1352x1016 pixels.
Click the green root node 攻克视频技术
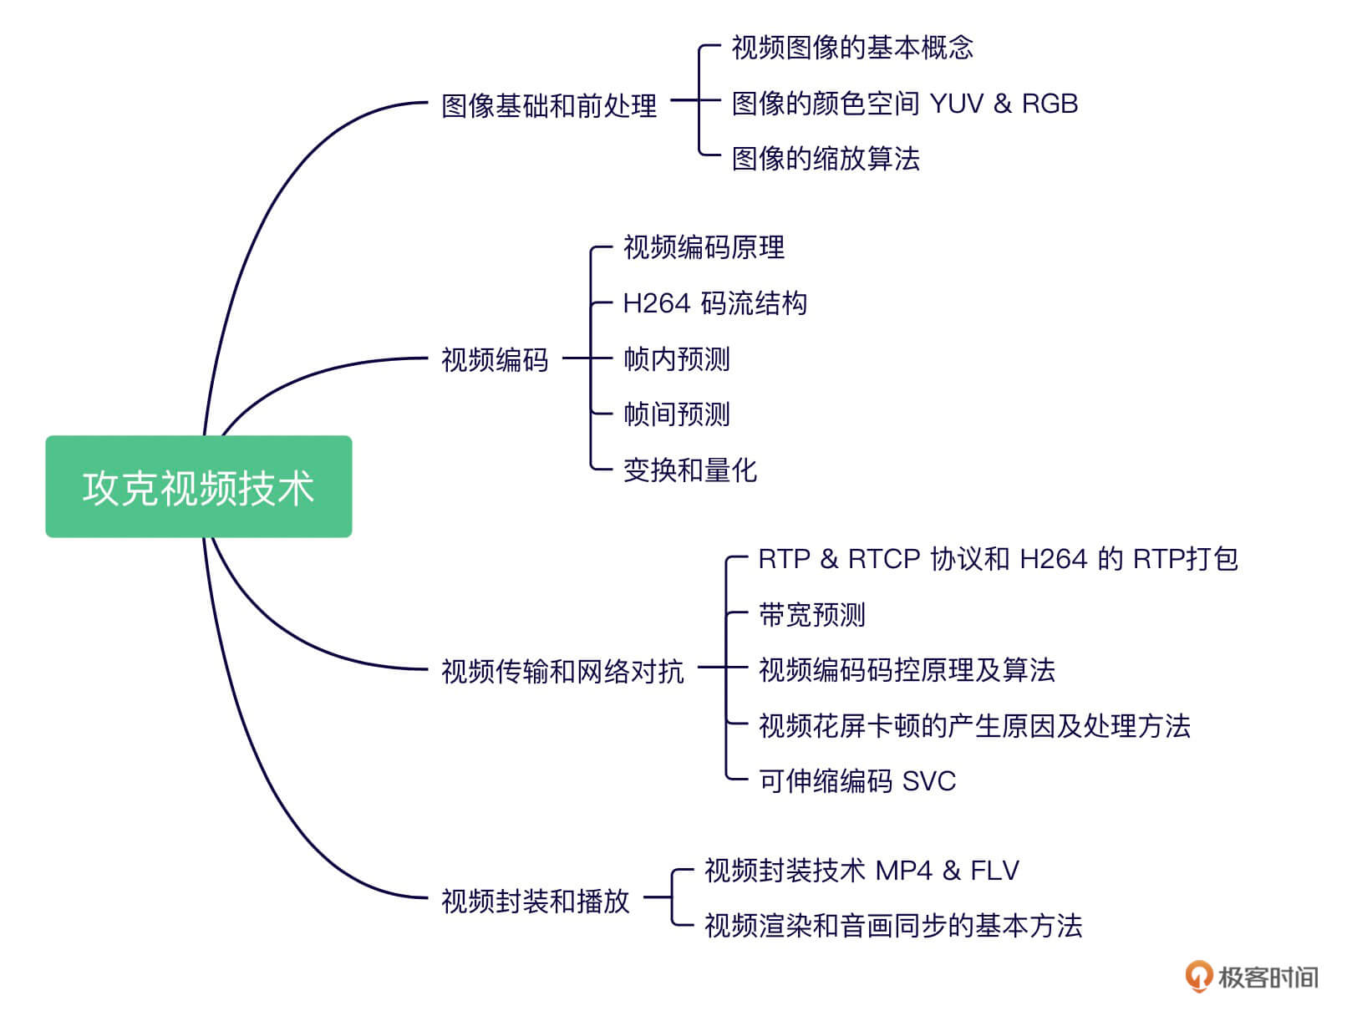point(199,486)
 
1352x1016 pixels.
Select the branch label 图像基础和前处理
point(549,106)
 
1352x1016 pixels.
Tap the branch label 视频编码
point(495,359)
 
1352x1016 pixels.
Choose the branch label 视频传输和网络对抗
point(562,671)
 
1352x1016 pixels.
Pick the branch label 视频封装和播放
point(535,901)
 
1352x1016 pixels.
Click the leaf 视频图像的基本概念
point(852,48)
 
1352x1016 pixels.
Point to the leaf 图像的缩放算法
point(826,159)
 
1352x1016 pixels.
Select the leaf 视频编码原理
point(704,247)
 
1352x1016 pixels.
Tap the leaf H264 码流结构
point(714,303)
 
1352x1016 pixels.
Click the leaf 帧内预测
point(677,359)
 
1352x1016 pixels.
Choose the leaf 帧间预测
point(677,414)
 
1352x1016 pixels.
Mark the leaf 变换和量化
point(690,470)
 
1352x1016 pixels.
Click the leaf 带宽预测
point(811,615)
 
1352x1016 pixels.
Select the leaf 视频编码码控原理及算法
point(907,670)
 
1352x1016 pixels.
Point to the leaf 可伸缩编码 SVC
point(856,781)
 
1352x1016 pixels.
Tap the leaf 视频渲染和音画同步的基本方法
point(893,926)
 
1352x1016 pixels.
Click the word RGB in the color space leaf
point(1050,104)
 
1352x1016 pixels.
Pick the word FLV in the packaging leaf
point(994,871)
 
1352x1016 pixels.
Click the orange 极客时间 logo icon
point(1198,976)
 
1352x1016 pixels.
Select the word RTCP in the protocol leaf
point(884,559)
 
